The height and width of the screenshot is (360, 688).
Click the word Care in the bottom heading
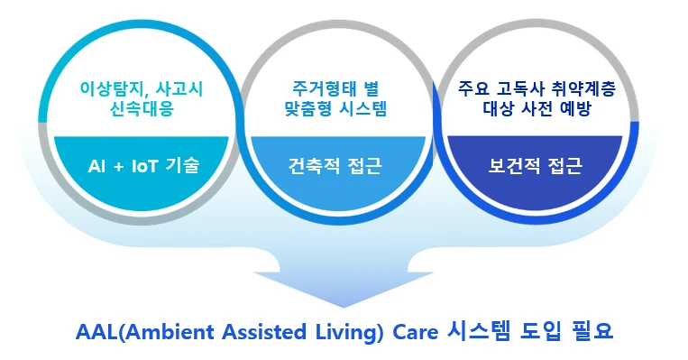pyautogui.click(x=400, y=331)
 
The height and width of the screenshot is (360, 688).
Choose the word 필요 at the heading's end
pyautogui.click(x=587, y=331)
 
